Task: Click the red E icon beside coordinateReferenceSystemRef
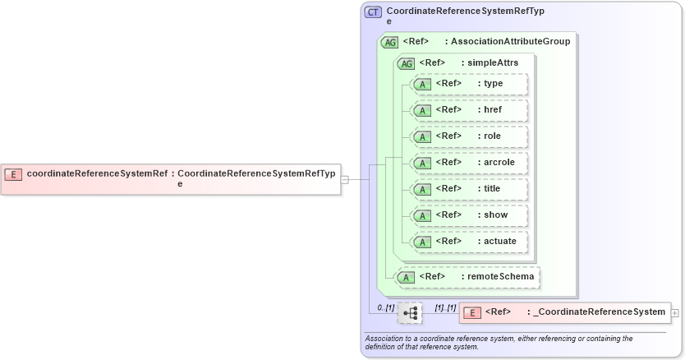click(13, 173)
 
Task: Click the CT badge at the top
click(373, 12)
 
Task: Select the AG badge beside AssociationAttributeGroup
click(390, 42)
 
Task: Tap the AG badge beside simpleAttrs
click(406, 63)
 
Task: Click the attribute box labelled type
click(470, 84)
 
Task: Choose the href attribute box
click(470, 110)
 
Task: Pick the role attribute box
click(470, 136)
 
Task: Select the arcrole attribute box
click(470, 163)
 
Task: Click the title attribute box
click(470, 189)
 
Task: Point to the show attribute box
click(470, 215)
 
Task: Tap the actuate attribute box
click(470, 242)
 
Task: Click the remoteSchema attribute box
click(468, 277)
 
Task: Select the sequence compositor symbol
click(409, 312)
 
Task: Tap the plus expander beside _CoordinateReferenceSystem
click(675, 312)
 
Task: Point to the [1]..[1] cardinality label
click(445, 307)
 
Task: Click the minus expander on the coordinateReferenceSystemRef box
click(345, 179)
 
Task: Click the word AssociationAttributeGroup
click(511, 41)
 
